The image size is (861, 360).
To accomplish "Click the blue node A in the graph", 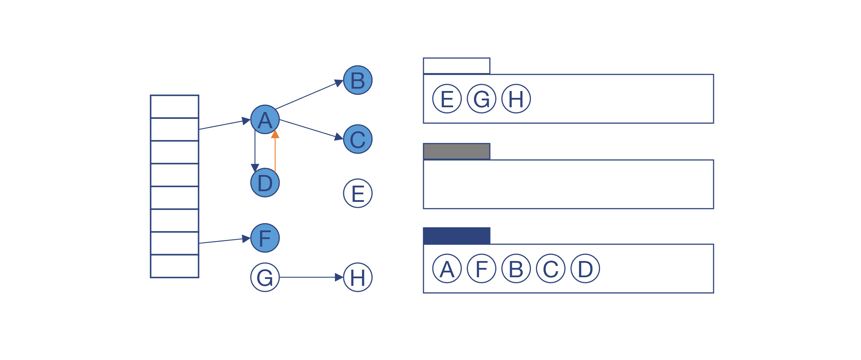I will [x=265, y=119].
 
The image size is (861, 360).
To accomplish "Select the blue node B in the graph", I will [x=357, y=80].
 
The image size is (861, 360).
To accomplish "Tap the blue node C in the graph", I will [x=357, y=139].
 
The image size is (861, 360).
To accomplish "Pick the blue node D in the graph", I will [x=265, y=182].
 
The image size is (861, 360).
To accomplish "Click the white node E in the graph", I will [x=357, y=193].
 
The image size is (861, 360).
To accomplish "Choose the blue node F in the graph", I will [x=265, y=238].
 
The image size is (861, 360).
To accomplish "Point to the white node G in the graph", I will [x=265, y=277].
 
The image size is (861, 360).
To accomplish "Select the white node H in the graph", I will [x=357, y=277].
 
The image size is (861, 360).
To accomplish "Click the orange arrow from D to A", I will [x=275, y=153].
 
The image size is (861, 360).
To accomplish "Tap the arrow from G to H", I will [x=309, y=277].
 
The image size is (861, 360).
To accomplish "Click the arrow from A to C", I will [x=309, y=128].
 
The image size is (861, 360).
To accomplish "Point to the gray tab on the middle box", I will [x=456, y=151].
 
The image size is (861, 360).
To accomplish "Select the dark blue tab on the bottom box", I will [x=456, y=236].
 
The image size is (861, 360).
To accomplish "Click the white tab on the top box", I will [x=456, y=66].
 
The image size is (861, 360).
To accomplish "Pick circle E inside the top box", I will [x=447, y=99].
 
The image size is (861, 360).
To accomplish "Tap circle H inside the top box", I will [x=516, y=99].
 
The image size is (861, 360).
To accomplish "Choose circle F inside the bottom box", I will [x=481, y=268].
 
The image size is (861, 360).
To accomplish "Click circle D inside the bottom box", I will [x=585, y=268].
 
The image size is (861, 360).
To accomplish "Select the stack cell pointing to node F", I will [x=175, y=243].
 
